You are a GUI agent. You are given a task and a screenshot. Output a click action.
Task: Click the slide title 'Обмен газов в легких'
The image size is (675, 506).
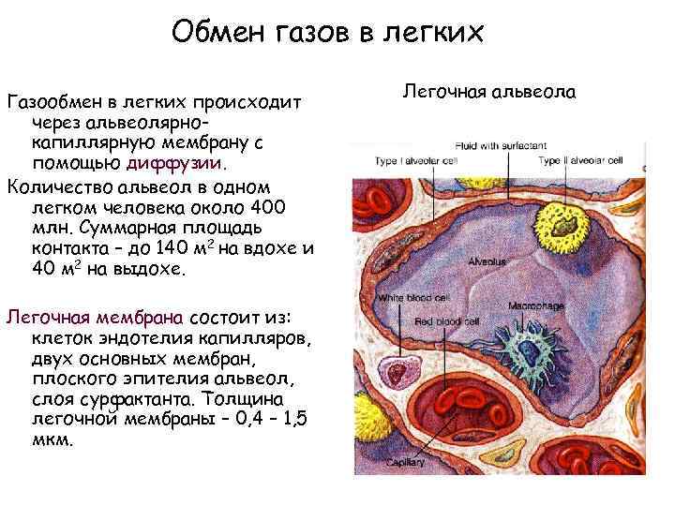327,35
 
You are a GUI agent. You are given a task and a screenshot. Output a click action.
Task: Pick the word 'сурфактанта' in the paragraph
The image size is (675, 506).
131,401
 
